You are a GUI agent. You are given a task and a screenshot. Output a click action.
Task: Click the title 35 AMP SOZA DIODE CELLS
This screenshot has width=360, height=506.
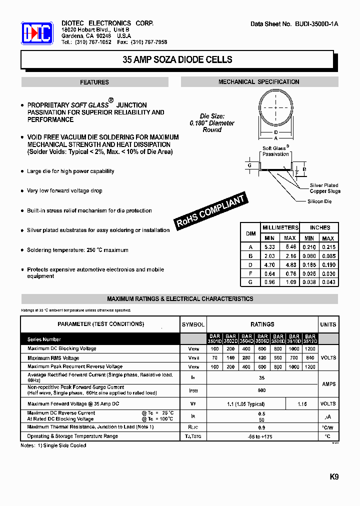tap(177, 59)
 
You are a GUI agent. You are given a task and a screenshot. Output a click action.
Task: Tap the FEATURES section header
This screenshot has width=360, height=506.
tap(94, 82)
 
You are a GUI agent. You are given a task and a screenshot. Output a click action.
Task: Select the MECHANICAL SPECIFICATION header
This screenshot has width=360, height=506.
tap(259, 82)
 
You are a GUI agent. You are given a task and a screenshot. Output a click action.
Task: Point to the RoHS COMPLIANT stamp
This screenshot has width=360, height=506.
tap(211, 211)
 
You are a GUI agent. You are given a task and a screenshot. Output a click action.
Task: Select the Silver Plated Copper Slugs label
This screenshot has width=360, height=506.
tap(325, 188)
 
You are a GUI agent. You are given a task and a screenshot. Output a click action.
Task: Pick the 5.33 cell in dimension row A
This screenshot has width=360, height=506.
tap(269, 247)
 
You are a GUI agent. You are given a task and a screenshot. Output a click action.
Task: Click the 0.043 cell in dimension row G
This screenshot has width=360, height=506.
tap(328, 282)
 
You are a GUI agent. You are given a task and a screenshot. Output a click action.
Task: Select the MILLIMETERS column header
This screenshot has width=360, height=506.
tap(280, 227)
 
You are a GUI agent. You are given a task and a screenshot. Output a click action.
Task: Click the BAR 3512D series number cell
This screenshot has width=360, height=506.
tap(310, 339)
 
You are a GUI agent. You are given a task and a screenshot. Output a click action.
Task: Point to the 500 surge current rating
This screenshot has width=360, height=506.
tap(262, 390)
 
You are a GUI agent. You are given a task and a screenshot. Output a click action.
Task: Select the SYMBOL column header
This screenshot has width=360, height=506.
tap(193, 324)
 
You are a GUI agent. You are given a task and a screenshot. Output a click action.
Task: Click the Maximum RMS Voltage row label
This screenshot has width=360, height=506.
tap(53, 358)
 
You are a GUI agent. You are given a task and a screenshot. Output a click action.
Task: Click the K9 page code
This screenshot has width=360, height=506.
tap(334, 477)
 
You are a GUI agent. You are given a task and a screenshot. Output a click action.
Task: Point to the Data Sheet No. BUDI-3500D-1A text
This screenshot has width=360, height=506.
tap(294, 24)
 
